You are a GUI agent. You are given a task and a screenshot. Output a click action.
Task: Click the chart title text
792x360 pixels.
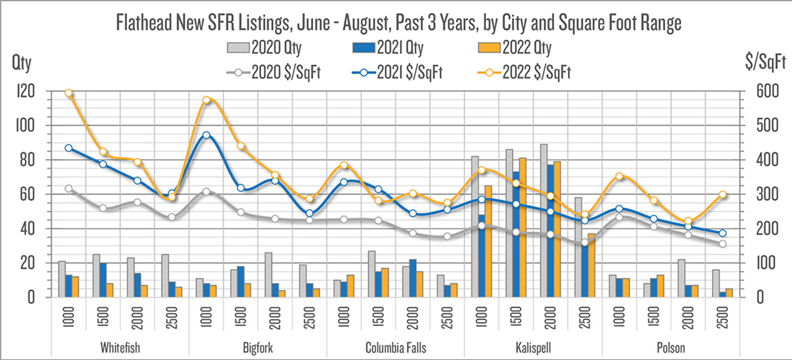coord(398,23)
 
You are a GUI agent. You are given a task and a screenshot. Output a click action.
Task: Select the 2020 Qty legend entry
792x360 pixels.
coord(264,48)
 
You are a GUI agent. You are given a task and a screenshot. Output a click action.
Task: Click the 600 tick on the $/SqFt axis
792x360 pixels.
coord(768,91)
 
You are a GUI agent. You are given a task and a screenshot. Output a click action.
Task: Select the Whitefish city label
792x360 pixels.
coord(120,348)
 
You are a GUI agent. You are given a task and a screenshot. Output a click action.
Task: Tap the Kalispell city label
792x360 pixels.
coord(533,348)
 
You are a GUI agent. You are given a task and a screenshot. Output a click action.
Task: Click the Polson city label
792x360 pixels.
coord(671,348)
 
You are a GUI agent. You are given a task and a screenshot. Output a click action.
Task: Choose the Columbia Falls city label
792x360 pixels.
coord(396,348)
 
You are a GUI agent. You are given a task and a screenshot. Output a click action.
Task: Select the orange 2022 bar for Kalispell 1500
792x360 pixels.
coord(523,227)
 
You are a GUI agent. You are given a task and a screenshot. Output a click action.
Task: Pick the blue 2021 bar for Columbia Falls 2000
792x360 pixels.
coord(413,278)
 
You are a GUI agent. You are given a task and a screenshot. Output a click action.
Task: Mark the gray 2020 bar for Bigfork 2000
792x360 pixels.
coord(268,275)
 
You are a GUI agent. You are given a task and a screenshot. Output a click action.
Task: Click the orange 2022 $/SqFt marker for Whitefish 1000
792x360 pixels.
coord(69,93)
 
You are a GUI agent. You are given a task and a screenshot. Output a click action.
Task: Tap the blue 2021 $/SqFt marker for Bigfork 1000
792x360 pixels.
coord(206,135)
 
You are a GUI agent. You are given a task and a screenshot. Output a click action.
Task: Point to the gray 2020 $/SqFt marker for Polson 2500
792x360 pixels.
coord(723,244)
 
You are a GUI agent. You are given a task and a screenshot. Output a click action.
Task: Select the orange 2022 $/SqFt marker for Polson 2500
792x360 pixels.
coord(723,195)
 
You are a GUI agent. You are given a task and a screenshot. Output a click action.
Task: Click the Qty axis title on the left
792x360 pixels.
coord(21,63)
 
